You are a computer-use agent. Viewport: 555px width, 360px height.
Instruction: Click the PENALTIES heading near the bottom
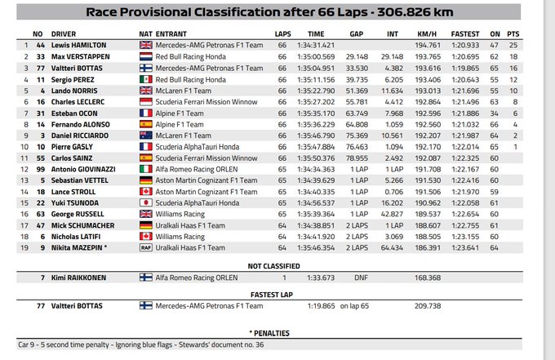(277, 333)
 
